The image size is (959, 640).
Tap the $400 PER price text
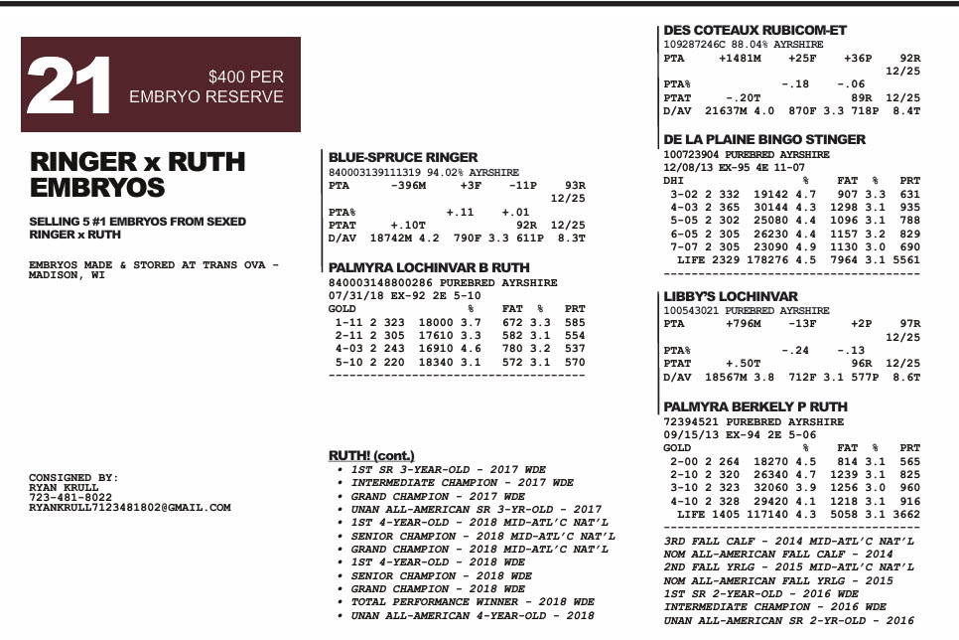246,77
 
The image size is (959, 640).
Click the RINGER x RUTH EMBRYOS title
137,174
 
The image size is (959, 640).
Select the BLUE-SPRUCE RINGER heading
402,157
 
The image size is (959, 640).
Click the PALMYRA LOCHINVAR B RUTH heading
429,267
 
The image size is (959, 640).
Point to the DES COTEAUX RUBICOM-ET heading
754,30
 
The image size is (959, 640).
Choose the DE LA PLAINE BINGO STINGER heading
764,139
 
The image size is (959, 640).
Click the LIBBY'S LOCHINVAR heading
730,296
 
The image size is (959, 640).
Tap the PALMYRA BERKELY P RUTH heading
754,406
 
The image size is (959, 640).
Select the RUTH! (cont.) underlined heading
371,455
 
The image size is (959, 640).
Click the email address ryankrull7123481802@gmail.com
129,508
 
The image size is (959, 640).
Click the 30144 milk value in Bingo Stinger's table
770,207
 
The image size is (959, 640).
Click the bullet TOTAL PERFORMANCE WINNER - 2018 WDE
473,602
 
